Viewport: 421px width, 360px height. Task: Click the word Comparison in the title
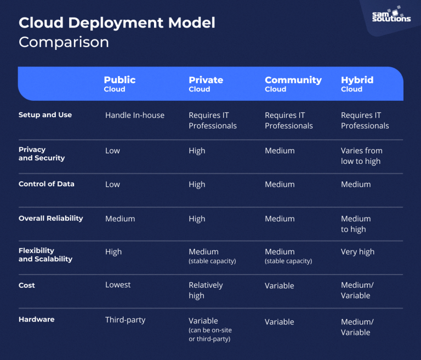(x=64, y=42)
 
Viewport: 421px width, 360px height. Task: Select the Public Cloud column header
(x=120, y=84)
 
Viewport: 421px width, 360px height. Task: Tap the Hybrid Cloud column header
(x=357, y=84)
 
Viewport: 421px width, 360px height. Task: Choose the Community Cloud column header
(x=293, y=84)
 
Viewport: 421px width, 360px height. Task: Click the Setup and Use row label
(x=45, y=115)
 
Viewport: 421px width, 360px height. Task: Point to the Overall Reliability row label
(x=50, y=218)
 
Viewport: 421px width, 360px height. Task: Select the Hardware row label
(x=36, y=319)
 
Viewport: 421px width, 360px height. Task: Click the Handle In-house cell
(x=134, y=116)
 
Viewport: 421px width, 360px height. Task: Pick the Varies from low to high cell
(x=361, y=156)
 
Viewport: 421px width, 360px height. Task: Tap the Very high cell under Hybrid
(x=357, y=252)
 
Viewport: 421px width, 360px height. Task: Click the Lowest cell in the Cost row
(x=118, y=285)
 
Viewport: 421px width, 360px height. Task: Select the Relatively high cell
(x=206, y=290)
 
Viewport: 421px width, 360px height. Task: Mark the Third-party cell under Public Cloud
(x=125, y=320)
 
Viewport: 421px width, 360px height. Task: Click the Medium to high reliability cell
(x=355, y=224)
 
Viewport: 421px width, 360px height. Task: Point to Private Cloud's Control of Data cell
(x=197, y=185)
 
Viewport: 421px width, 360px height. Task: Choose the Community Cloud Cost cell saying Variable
(x=279, y=285)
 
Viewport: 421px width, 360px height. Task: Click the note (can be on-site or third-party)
(x=210, y=335)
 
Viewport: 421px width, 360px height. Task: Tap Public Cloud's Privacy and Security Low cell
(x=112, y=151)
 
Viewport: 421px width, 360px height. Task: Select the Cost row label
(x=26, y=285)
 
